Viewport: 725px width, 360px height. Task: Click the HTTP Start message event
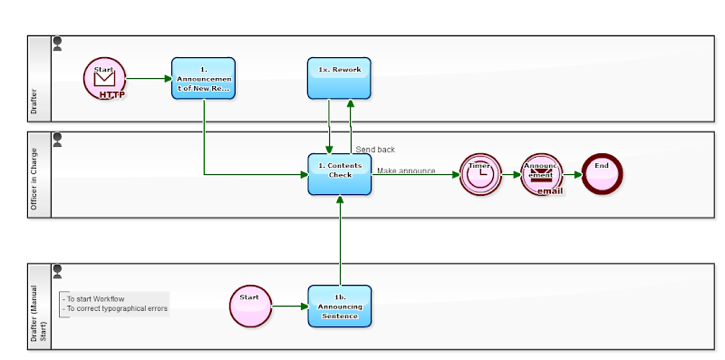(x=104, y=79)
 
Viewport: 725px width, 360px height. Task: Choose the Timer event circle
(x=480, y=174)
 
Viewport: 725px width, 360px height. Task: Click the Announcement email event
(x=541, y=174)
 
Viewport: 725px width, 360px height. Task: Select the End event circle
(x=602, y=174)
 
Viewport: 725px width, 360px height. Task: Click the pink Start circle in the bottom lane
(x=251, y=306)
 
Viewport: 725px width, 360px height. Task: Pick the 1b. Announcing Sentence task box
(x=339, y=306)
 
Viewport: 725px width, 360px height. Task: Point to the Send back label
(x=374, y=150)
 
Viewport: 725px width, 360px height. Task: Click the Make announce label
(x=405, y=170)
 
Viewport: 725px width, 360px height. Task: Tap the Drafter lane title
(x=34, y=105)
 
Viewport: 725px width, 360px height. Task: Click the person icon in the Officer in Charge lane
(x=58, y=139)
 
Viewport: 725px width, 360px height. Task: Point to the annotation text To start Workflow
(x=93, y=298)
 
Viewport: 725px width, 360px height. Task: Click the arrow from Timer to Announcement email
(x=510, y=174)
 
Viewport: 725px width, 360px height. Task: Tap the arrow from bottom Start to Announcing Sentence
(x=290, y=306)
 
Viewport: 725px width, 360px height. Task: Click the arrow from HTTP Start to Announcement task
(x=149, y=79)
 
